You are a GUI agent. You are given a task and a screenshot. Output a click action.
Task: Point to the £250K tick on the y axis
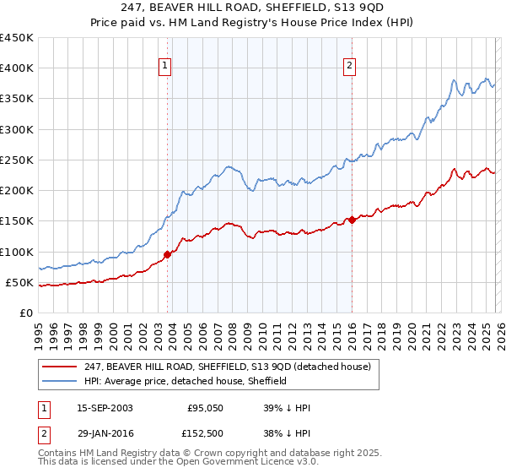point(17,160)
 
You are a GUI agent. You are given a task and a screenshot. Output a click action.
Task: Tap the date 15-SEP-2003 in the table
point(105,408)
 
